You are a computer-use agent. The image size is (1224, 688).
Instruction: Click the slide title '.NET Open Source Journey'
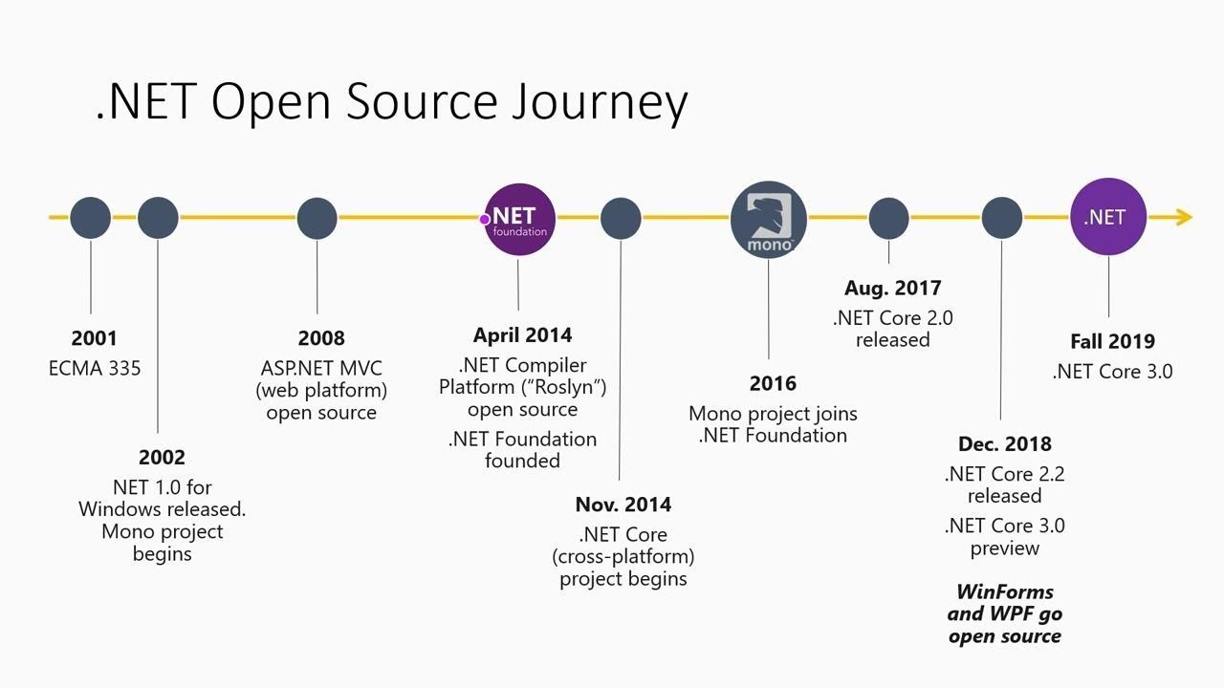(391, 101)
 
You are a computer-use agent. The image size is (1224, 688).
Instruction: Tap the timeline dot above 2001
(91, 218)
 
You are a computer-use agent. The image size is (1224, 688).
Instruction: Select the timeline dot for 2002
(158, 218)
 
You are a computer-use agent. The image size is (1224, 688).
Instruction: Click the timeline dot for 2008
(317, 218)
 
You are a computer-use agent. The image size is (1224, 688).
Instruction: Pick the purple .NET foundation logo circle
(519, 220)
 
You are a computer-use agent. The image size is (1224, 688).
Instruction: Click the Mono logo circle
(769, 220)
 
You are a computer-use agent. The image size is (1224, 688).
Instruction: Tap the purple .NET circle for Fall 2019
(1107, 217)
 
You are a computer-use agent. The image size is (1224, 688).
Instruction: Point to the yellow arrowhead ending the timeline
(1182, 218)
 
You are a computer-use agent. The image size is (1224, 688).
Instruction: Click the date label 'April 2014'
(522, 335)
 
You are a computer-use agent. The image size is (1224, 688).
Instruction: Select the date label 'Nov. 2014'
(623, 505)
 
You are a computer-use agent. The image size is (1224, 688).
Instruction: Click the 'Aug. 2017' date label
(892, 289)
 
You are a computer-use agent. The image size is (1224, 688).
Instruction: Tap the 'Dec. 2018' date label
(1004, 444)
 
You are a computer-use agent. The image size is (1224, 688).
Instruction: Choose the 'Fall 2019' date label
(1112, 341)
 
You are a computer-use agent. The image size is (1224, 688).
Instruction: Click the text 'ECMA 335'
(95, 369)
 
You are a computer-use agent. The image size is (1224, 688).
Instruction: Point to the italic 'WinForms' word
(1004, 591)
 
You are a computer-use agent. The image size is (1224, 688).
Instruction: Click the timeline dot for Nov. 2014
(621, 218)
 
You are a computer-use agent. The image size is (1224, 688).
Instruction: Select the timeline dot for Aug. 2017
(888, 218)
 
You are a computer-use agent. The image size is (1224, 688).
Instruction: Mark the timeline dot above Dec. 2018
(1001, 218)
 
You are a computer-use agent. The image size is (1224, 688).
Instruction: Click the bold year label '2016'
(773, 384)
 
